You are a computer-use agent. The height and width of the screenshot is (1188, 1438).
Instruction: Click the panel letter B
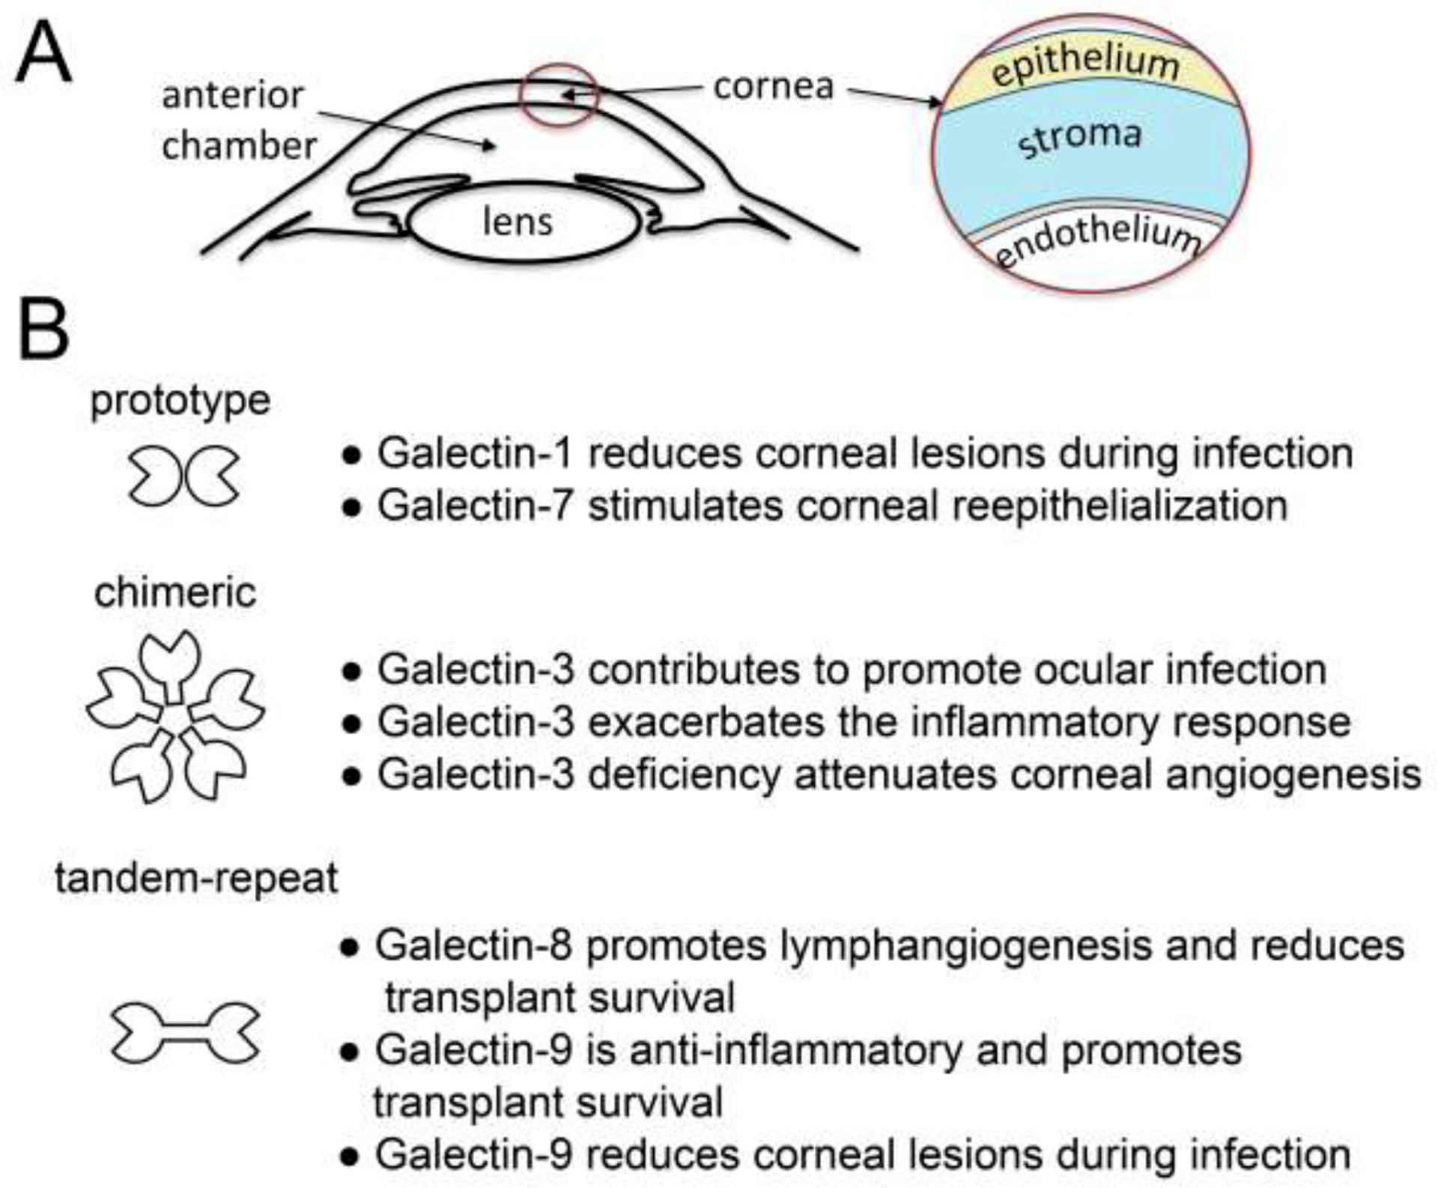(43, 331)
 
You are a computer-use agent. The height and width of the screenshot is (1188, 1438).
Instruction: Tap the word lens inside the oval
(518, 222)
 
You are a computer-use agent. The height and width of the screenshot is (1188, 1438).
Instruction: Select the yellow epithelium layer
(1085, 68)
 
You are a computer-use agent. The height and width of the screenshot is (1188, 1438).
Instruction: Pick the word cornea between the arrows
(773, 87)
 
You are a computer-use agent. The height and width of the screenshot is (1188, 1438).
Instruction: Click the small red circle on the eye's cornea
(559, 95)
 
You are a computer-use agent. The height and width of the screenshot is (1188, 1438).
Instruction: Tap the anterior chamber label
(238, 120)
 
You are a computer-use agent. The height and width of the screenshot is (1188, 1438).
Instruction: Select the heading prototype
(180, 401)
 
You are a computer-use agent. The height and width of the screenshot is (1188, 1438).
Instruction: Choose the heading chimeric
(175, 593)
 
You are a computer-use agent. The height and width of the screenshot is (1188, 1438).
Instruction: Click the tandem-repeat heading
(196, 877)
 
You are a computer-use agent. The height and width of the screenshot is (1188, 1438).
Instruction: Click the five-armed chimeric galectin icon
(175, 717)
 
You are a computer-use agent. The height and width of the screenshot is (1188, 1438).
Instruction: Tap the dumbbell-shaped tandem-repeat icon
(185, 1034)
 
